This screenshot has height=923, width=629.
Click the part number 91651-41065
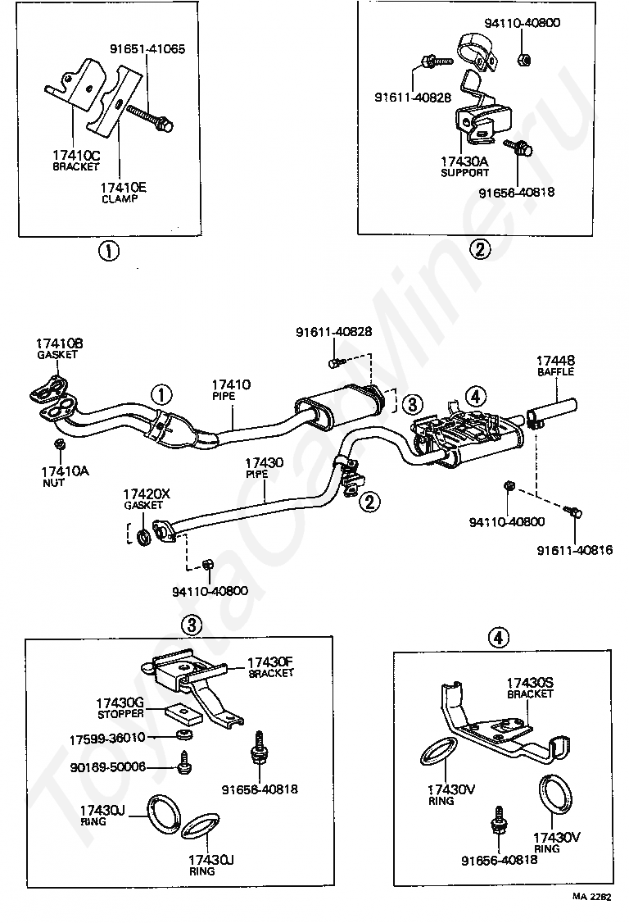pos(147,48)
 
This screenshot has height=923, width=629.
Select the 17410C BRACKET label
pos(76,160)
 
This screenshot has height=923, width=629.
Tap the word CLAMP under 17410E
pos(120,199)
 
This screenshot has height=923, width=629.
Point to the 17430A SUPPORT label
pos(465,166)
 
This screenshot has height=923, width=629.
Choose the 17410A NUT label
pos(65,476)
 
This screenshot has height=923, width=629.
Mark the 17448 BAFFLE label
pos(555,366)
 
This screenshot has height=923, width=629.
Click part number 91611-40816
pos(574,550)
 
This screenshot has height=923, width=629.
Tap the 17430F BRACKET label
pos(270,667)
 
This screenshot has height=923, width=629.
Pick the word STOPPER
pos(120,714)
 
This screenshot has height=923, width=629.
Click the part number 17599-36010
pos(107,739)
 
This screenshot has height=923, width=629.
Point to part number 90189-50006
pos(107,766)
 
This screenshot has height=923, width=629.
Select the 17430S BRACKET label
pos(530,688)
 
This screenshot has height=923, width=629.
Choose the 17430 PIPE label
pos(265,469)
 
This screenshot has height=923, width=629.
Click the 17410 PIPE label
pos(231,390)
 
